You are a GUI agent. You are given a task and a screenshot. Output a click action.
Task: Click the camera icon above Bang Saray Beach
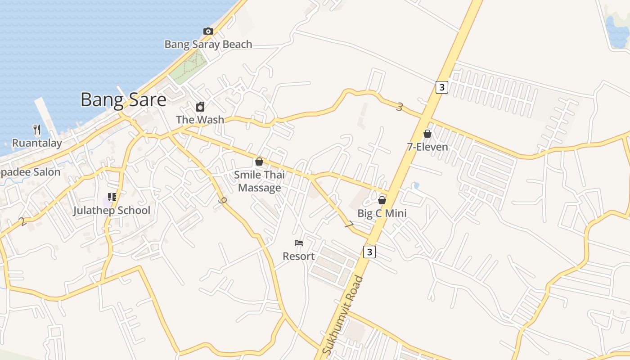[208, 31]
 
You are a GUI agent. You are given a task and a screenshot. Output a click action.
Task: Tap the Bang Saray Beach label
[208, 44]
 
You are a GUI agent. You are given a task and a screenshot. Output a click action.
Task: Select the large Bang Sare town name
[123, 99]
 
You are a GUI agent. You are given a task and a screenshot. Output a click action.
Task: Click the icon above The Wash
[200, 107]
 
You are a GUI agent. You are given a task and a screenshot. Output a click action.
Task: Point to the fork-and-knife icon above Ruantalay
[37, 130]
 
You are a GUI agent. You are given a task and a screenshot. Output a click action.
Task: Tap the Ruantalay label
[37, 143]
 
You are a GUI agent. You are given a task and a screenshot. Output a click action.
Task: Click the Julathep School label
[112, 210]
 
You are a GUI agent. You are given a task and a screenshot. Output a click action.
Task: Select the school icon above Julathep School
[112, 197]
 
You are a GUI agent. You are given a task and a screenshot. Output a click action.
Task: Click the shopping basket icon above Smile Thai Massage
[259, 161]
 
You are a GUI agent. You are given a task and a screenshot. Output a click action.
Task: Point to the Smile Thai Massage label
[260, 181]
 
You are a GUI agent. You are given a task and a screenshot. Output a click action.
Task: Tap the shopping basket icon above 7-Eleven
[427, 134]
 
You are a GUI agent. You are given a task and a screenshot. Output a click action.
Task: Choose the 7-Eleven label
[427, 147]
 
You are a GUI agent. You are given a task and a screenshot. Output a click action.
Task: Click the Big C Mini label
[382, 213]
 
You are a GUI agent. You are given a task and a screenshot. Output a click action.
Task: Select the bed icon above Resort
[299, 243]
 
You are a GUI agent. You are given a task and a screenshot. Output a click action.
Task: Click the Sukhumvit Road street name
[343, 315]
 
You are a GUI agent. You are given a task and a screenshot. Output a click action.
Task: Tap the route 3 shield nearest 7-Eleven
[442, 87]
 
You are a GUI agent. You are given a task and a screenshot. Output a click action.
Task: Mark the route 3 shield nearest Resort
[369, 252]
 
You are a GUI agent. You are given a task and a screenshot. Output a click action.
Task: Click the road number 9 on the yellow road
[221, 201]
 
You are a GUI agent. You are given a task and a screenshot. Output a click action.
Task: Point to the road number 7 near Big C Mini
[350, 224]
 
